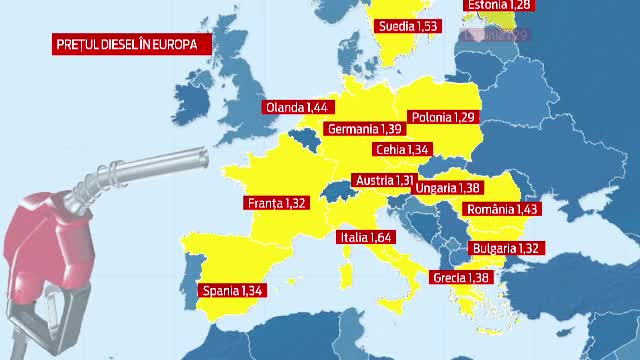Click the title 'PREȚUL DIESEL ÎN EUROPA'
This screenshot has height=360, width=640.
[x=121, y=44]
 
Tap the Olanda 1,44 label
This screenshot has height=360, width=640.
[x=297, y=106]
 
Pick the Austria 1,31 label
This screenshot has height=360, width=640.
[x=384, y=181]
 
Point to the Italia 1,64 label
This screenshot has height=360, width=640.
[x=366, y=238]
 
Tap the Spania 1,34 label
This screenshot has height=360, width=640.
[x=232, y=291]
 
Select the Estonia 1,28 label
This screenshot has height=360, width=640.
[x=499, y=6]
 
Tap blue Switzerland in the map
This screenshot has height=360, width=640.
[x=336, y=190]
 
